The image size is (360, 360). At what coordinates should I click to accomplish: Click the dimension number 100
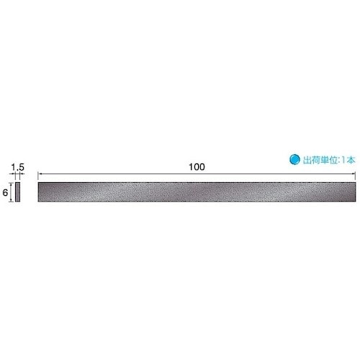pos(197,166)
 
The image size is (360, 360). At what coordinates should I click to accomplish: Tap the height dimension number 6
pos(5,192)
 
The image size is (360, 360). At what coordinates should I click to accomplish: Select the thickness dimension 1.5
pos(19,166)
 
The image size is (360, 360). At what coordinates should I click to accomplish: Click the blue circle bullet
pos(294,161)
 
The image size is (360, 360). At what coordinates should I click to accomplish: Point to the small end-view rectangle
pos(18,192)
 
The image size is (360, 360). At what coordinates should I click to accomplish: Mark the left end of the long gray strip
pos(40,192)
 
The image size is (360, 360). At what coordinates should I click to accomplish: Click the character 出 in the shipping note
pos(305,161)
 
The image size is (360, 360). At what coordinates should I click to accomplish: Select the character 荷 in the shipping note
pos(314,161)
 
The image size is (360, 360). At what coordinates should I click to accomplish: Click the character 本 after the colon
pos(351,161)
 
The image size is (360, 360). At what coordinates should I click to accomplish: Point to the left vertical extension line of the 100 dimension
pos(38,177)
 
